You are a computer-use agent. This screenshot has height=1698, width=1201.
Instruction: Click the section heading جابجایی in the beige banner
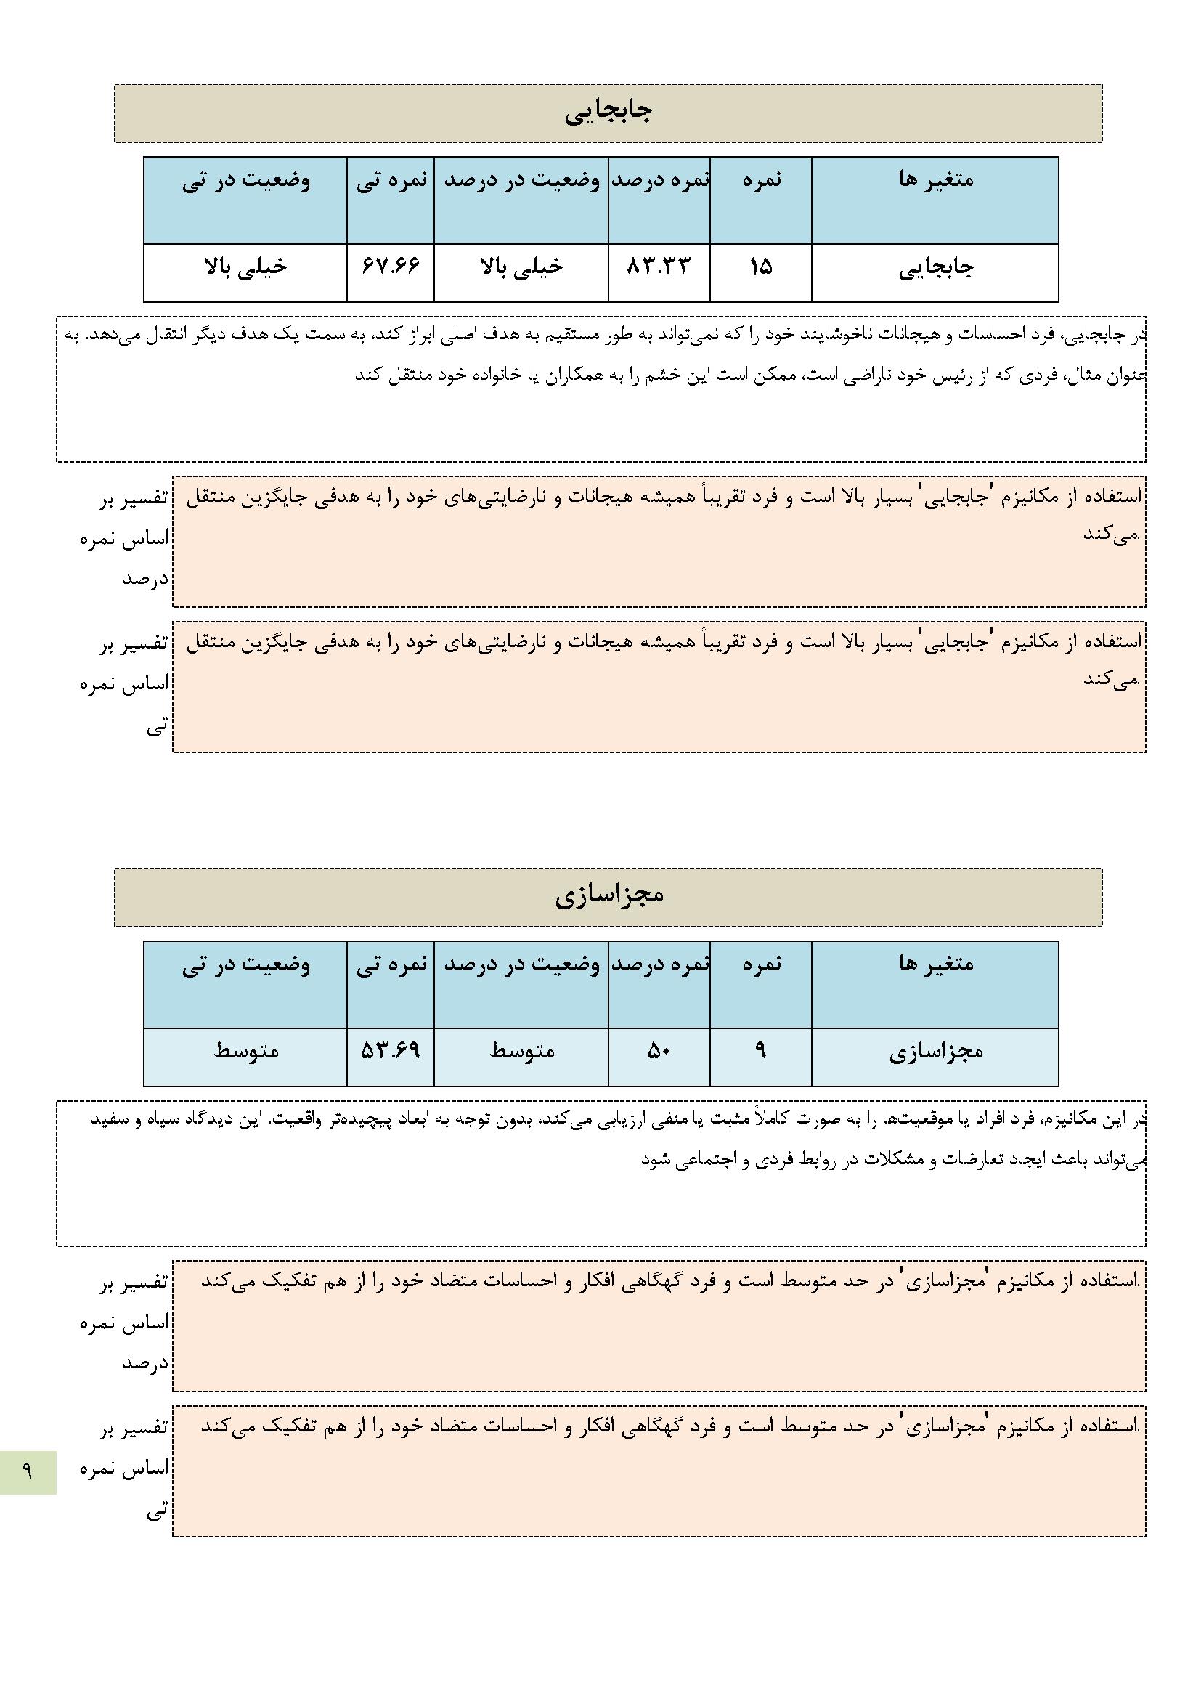(x=608, y=113)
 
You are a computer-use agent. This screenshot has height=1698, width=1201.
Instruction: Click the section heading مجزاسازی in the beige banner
(x=608, y=895)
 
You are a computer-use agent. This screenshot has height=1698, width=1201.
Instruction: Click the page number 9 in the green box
(x=28, y=1472)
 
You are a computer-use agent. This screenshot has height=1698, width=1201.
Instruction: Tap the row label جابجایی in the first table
(x=936, y=268)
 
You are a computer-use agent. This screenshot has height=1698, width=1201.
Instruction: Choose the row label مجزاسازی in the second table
(x=935, y=1052)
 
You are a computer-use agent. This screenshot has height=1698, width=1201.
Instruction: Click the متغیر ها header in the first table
(x=935, y=179)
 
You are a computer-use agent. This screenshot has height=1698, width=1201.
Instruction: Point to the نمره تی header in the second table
(x=391, y=965)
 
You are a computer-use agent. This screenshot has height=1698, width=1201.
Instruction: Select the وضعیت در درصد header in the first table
(x=521, y=180)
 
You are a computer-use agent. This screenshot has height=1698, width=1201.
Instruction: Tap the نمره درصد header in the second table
(x=659, y=965)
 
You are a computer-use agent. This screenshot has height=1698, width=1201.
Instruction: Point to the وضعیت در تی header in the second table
(x=246, y=965)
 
